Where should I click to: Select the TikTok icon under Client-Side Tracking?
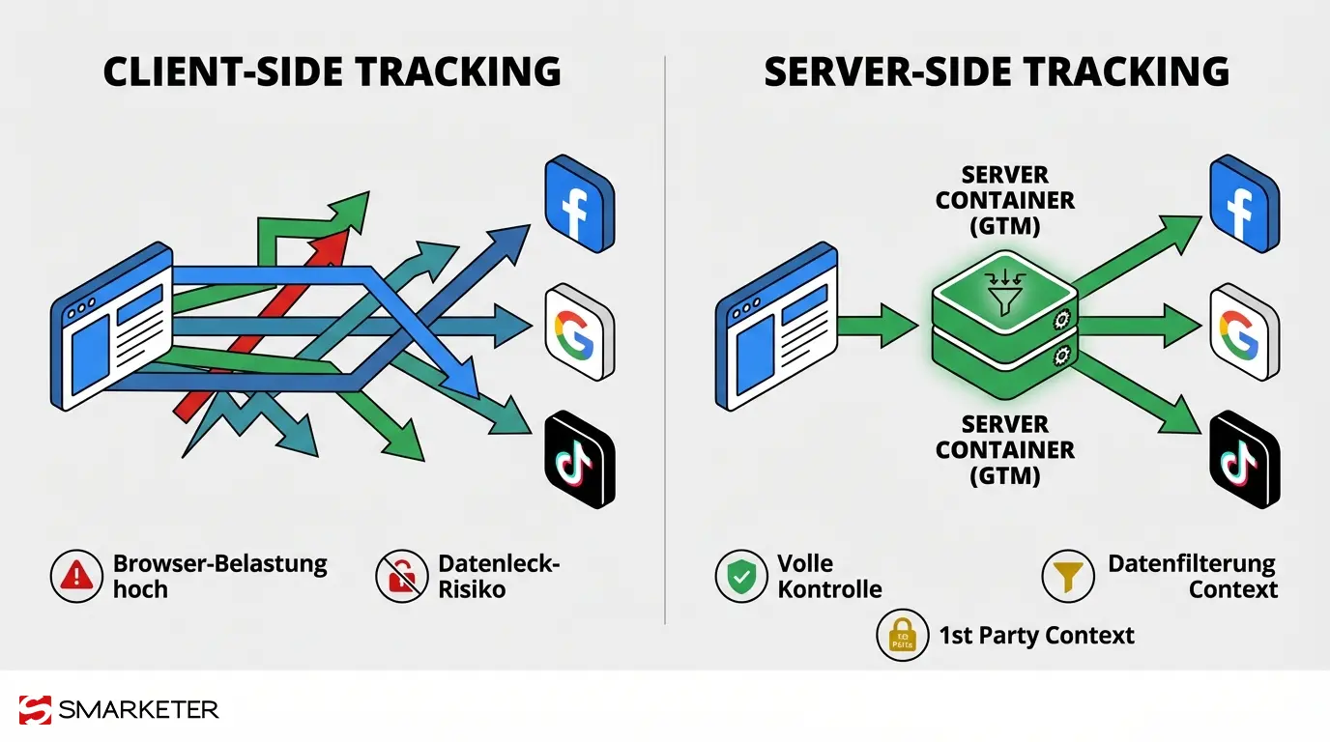click(579, 459)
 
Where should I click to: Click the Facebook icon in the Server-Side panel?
click(1243, 205)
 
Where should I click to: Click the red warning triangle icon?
click(76, 577)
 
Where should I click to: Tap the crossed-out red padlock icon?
click(401, 577)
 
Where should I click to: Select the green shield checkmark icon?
click(741, 577)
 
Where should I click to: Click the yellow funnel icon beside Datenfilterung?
click(1067, 577)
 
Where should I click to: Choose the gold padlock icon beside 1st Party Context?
click(902, 635)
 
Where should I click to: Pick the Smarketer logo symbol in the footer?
click(35, 710)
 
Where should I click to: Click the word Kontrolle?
click(829, 588)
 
